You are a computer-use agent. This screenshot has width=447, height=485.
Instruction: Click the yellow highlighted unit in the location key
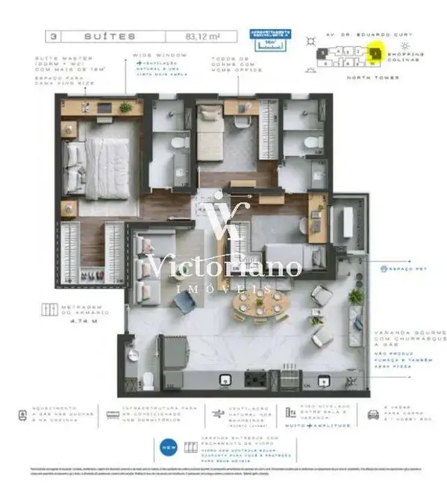(376, 53)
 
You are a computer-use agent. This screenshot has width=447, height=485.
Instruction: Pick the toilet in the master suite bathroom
(178, 142)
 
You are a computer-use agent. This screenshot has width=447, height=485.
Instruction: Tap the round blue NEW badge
(169, 448)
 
